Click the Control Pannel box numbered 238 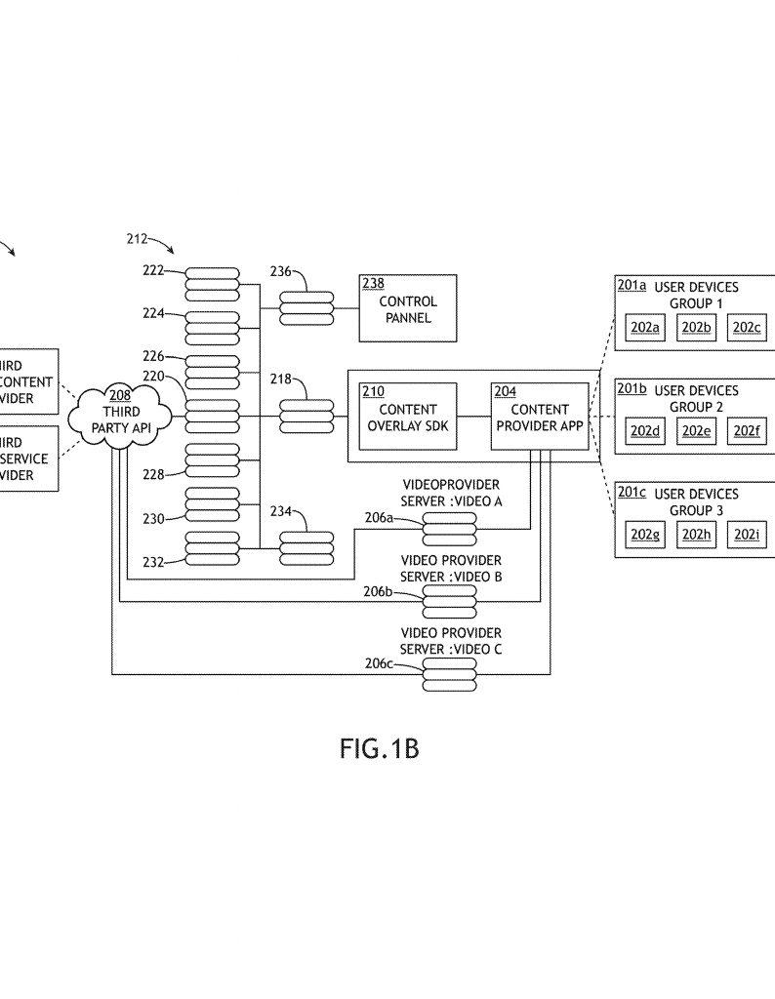point(408,308)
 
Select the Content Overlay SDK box point(408,417)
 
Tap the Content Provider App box point(540,417)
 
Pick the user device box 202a point(645,328)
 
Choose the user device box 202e point(696,431)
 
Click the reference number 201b point(632,389)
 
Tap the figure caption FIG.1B point(380,749)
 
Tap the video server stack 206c point(449,674)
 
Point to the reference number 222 point(152,269)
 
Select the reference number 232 point(152,562)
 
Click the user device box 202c point(748,328)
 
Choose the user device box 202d point(645,431)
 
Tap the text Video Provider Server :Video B point(451,569)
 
